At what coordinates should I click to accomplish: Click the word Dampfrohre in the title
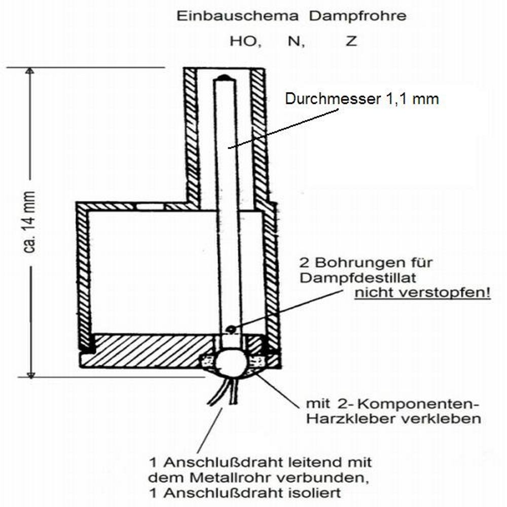click(357, 16)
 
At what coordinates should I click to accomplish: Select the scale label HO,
click(246, 42)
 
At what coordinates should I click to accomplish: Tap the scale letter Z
click(351, 41)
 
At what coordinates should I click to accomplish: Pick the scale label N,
click(296, 42)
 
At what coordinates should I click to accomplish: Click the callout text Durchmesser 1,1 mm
click(362, 99)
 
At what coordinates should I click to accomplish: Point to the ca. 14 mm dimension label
click(29, 222)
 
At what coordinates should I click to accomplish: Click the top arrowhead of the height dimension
click(30, 70)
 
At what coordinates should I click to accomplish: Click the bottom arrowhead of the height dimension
click(30, 375)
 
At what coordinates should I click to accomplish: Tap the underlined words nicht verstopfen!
click(423, 293)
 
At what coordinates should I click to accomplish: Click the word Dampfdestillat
click(358, 278)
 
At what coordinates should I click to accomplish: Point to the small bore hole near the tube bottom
click(231, 329)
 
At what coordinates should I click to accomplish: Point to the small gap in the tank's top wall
click(150, 207)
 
